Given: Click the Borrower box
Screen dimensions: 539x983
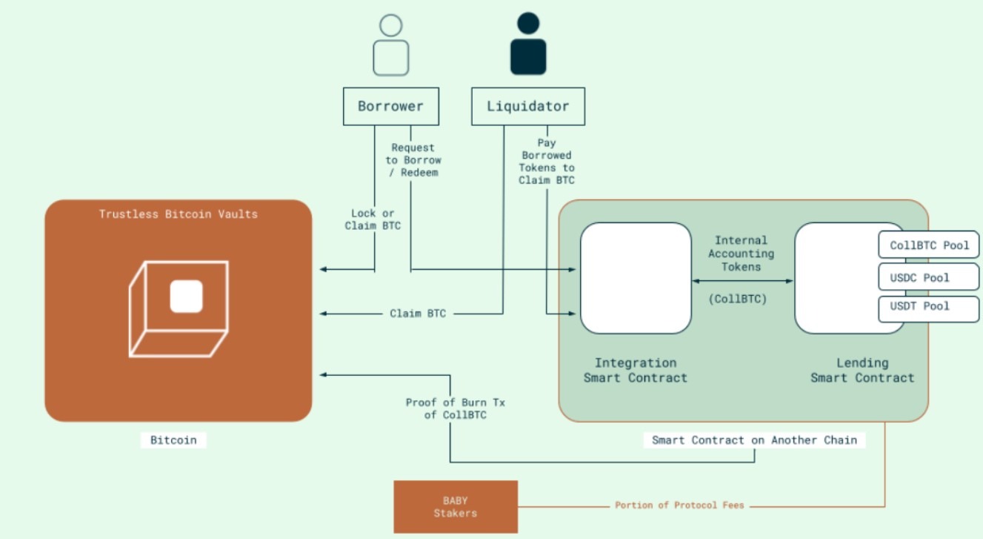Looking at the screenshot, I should [390, 106].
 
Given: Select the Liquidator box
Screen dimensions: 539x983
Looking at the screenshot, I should [527, 106].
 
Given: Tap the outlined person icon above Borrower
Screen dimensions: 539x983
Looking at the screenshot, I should [390, 46].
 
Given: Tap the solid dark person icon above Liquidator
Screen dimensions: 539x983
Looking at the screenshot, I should [528, 44].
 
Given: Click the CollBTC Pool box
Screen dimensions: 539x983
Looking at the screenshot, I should [929, 245].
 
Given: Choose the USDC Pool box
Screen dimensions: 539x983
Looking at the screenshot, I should [929, 278].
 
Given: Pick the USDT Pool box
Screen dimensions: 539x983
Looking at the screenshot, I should [929, 306].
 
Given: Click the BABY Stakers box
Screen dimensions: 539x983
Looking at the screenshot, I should [455, 507].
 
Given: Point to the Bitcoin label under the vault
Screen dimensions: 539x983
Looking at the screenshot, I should [173, 440].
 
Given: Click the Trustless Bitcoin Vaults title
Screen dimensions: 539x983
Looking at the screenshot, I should [179, 214].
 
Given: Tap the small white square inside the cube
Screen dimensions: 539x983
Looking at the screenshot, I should [186, 297].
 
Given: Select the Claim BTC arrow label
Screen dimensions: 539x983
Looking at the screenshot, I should [418, 314].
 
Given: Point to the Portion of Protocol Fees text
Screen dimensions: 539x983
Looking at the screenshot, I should [679, 505].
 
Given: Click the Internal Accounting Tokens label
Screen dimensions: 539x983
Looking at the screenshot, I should [741, 254].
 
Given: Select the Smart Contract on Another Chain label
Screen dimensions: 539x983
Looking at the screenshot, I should [754, 440].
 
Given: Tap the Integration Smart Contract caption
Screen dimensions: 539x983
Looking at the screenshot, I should [636, 370].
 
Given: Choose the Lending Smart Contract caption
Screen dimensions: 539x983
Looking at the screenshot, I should [862, 370].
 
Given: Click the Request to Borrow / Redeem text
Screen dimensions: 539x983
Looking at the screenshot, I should [413, 160].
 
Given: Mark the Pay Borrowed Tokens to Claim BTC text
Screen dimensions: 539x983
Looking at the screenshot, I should [547, 162].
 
